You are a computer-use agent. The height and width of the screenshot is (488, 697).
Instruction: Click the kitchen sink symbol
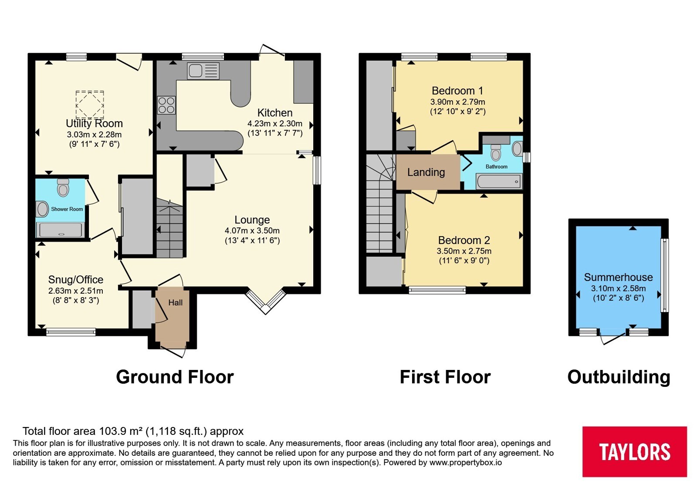click(x=203, y=71)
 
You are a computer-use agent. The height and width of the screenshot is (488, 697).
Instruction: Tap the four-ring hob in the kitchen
click(x=166, y=105)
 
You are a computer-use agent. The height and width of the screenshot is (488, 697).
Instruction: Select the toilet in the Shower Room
click(x=63, y=187)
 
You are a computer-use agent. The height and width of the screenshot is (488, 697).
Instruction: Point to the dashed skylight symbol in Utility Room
click(x=90, y=105)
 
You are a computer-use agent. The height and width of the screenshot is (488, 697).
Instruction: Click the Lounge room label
click(x=252, y=220)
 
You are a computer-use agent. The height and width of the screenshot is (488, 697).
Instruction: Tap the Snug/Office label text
click(x=76, y=279)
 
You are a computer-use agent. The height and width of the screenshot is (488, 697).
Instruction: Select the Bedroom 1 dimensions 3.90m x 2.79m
click(x=457, y=102)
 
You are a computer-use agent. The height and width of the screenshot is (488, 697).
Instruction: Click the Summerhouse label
click(x=618, y=277)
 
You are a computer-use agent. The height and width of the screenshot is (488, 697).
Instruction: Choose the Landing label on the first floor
click(x=426, y=172)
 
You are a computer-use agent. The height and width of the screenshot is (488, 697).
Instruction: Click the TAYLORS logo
click(x=634, y=451)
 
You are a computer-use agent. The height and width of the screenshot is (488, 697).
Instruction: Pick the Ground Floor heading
click(x=175, y=377)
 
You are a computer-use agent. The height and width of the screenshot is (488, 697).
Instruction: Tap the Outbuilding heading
click(x=619, y=377)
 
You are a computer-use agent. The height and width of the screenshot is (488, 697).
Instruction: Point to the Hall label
click(x=176, y=302)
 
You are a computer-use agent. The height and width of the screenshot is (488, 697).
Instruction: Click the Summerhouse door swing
click(x=612, y=339)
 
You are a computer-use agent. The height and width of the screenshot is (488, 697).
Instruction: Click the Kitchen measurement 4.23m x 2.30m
click(x=275, y=124)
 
